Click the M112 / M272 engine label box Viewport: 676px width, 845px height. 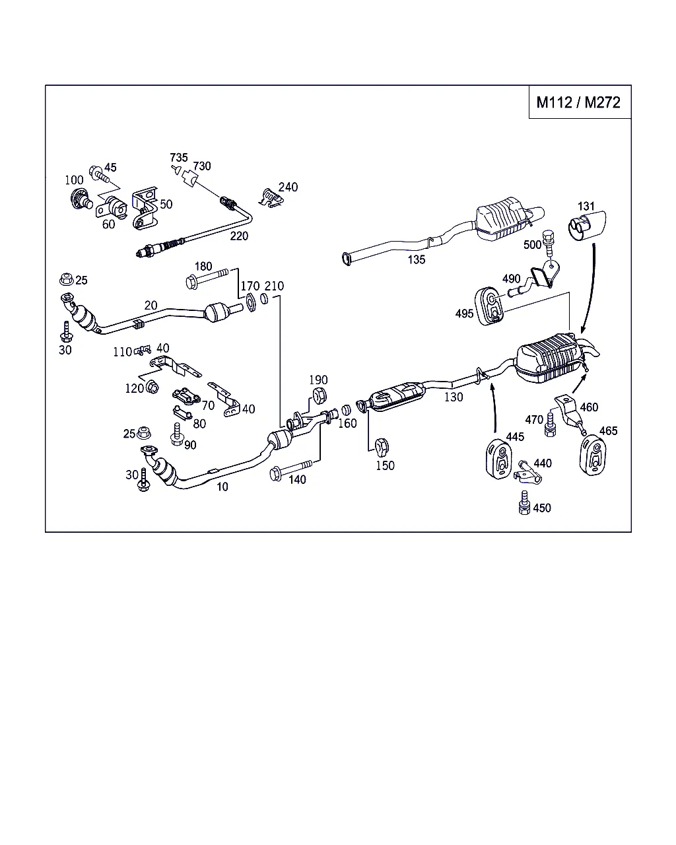click(x=579, y=102)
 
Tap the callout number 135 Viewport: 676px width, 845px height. click(x=416, y=259)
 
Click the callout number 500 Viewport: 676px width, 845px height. click(x=532, y=244)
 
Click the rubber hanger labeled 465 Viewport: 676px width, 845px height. click(x=593, y=456)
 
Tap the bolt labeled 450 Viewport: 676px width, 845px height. click(x=525, y=502)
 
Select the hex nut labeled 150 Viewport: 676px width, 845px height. click(x=382, y=447)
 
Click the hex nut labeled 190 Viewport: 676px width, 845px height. click(x=318, y=396)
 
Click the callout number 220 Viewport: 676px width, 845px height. click(x=239, y=236)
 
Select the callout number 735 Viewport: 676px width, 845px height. click(x=178, y=158)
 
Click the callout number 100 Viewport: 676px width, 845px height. click(x=74, y=180)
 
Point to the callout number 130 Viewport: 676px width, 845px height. click(x=454, y=397)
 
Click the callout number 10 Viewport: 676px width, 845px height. click(x=222, y=487)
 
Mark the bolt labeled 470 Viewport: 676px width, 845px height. click(x=549, y=428)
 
